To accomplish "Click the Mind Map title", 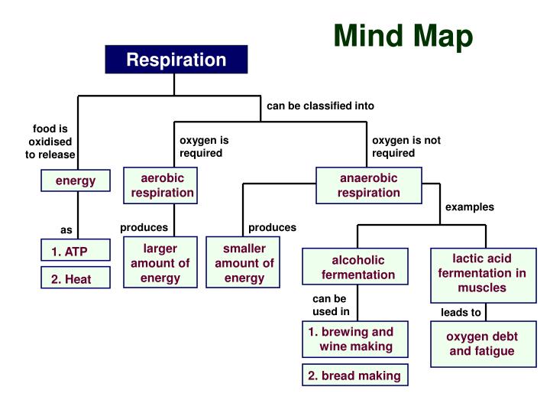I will pos(403,35).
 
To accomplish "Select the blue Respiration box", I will pos(176,60).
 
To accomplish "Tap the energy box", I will pos(76,180).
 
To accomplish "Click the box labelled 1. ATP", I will pos(76,251).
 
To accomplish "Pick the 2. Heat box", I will pos(76,279).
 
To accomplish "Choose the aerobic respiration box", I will pos(162,185).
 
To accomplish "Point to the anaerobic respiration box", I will pos(369,185).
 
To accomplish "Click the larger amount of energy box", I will pos(160,262).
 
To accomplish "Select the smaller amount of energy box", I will pos(244,262).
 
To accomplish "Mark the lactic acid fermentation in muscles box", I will pos(482,272).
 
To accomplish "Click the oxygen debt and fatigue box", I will pos(481,343).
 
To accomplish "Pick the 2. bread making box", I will pos(354,375).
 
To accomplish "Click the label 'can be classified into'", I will pos(320,106).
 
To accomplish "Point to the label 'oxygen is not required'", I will pos(406,146).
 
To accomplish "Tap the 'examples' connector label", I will pos(469,206).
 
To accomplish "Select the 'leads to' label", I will pos(461,312).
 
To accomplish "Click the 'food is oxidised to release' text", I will pos(50,141).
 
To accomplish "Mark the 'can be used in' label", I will pos(330,305).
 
